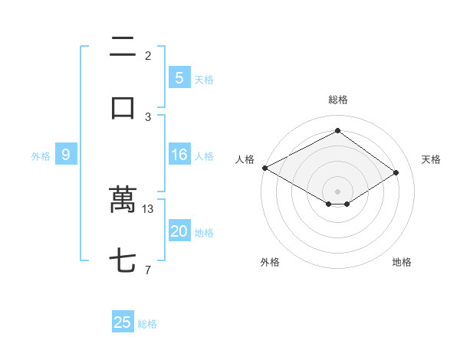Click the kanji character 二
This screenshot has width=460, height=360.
[123, 47]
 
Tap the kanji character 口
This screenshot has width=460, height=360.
[123, 107]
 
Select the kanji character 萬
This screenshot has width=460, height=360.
[123, 200]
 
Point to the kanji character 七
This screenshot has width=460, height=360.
[123, 261]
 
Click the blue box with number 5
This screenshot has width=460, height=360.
[179, 78]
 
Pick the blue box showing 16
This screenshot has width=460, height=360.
[179, 155]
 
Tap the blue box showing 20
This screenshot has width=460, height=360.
[179, 232]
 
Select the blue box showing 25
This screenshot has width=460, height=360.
[123, 322]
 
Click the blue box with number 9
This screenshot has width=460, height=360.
[66, 155]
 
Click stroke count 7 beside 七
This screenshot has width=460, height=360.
[148, 270]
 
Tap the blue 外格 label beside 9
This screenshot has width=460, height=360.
[41, 156]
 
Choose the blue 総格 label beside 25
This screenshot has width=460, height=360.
[147, 324]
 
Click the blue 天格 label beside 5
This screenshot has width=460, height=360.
[204, 80]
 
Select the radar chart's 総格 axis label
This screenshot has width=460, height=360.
[337, 100]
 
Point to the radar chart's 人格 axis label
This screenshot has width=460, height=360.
[245, 159]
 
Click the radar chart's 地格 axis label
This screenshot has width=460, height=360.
[402, 262]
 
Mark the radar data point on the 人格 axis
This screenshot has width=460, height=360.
[264, 168]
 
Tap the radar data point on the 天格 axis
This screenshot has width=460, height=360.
[396, 173]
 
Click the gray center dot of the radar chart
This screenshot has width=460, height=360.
[337, 191]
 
